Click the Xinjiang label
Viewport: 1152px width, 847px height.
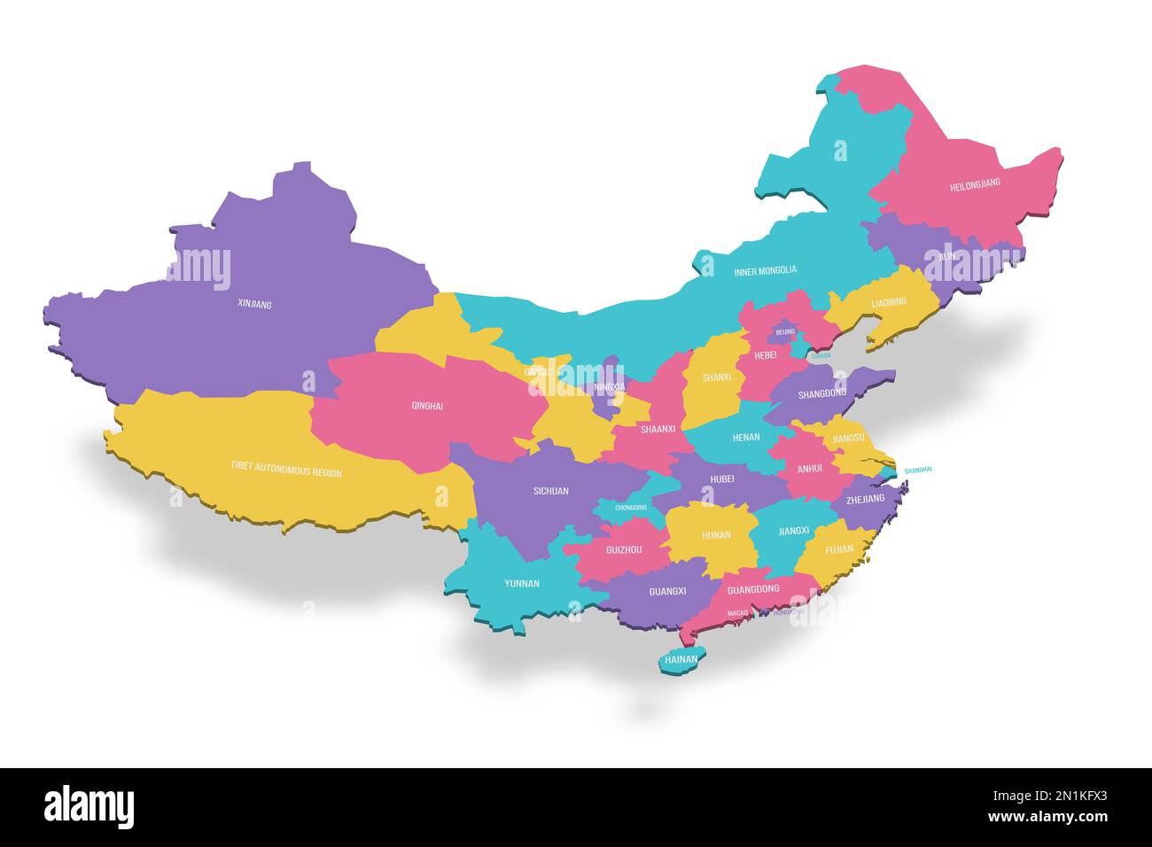click(254, 304)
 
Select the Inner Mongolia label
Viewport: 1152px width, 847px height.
click(765, 270)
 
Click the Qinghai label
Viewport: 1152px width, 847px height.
click(427, 406)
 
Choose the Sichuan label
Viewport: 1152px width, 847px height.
click(550, 490)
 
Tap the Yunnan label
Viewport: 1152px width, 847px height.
click(521, 583)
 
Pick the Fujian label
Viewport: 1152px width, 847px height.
click(838, 549)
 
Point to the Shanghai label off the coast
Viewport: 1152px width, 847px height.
click(917, 470)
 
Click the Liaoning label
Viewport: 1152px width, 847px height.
click(889, 302)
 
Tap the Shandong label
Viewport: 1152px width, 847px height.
click(821, 393)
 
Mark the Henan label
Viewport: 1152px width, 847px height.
click(745, 438)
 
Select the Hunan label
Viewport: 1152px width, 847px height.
click(715, 535)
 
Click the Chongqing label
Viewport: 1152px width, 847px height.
click(630, 508)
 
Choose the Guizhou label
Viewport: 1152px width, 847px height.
click(624, 550)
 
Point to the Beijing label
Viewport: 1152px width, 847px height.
click(785, 332)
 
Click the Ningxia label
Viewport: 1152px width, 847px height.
click(609, 386)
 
